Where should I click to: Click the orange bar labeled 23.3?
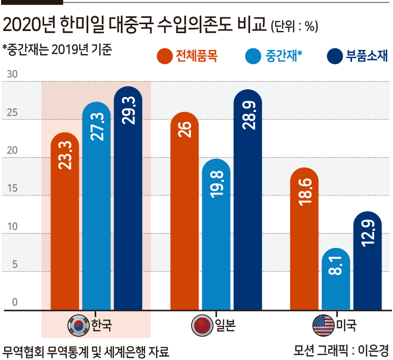coord(65,221)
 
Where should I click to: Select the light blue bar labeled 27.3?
coord(97,206)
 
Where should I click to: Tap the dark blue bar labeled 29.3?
coord(128,198)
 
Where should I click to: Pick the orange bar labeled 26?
coord(184,211)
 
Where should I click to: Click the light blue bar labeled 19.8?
coord(216,234)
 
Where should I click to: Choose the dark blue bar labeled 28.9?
coord(248,200)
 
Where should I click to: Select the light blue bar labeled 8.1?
coord(336,279)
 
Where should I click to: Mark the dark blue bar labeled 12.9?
coord(367,261)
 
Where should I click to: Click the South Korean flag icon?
coord(79,325)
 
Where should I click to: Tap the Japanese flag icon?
coord(202,325)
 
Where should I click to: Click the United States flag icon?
coord(323,325)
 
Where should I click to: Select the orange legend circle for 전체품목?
coord(164,56)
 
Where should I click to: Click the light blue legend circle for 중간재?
coord(253,56)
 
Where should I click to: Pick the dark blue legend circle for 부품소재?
coord(335,56)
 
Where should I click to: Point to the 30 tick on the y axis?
coord(12,74)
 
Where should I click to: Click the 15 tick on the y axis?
coord(12,188)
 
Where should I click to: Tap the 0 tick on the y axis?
coord(15,302)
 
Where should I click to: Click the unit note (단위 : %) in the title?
coord(295,26)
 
